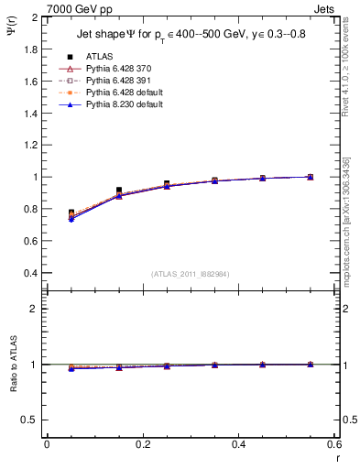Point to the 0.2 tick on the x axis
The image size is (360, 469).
tap(142, 444)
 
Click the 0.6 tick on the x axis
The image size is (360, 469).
tap(333, 444)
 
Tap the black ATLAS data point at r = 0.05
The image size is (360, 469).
tap(71, 213)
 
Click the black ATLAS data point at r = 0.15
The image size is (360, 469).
tap(119, 191)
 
